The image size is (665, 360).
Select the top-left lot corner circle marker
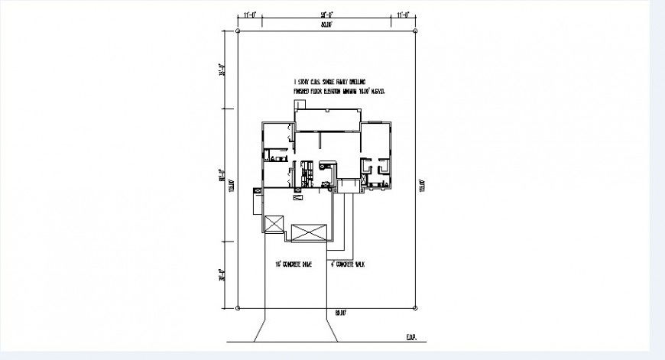[238, 31]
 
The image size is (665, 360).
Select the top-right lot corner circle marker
[417, 31]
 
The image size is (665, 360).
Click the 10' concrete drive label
[294, 264]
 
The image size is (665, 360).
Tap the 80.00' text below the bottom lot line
[341, 313]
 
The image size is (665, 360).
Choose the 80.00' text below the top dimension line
[326, 25]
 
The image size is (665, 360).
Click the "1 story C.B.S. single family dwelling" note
[330, 81]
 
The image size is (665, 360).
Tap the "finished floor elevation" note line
[338, 91]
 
